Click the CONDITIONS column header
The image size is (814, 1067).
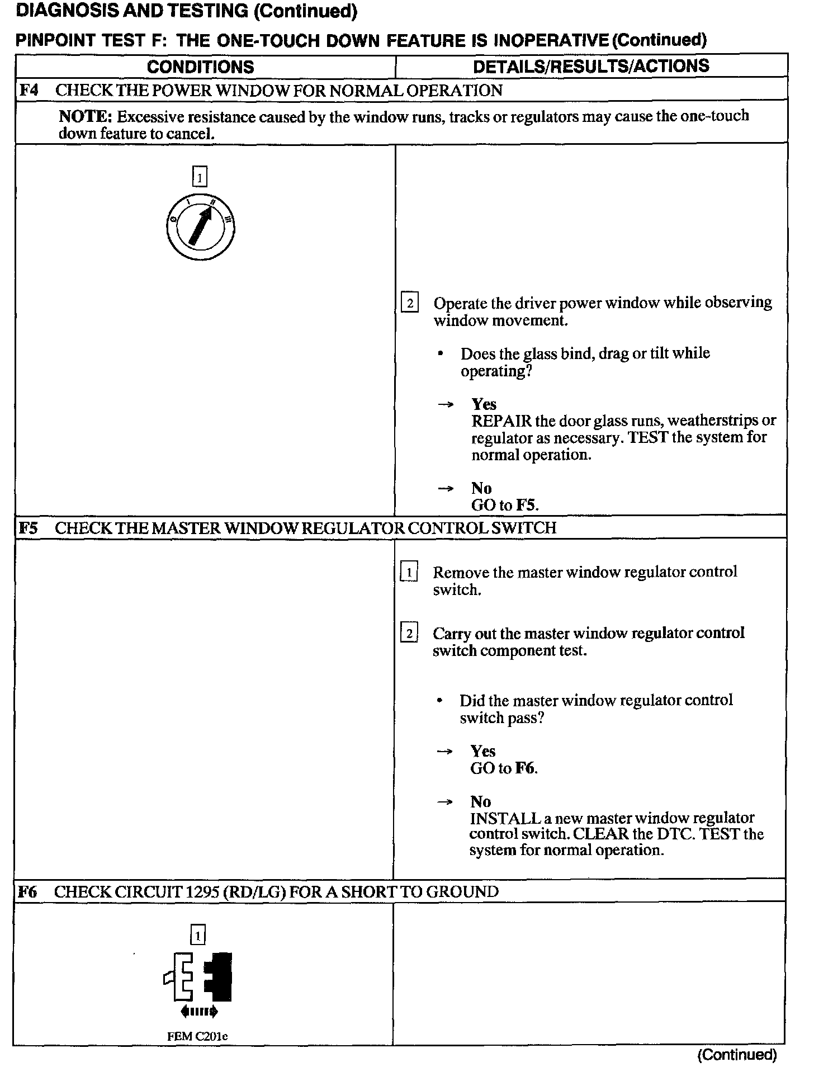tap(200, 67)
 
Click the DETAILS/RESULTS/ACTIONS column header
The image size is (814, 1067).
tap(591, 66)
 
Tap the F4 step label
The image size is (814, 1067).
tap(29, 90)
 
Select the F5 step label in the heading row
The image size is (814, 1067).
tap(28, 528)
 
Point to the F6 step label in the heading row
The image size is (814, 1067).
tap(27, 891)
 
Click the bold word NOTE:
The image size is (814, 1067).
tap(86, 117)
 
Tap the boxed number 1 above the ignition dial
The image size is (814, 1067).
tap(200, 178)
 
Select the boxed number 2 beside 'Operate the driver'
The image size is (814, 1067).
tap(410, 304)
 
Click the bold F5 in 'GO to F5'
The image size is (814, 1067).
tap(526, 506)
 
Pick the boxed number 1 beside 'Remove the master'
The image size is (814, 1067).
tap(409, 573)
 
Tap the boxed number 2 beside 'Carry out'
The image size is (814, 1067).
tap(409, 634)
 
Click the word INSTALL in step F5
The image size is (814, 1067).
tap(505, 819)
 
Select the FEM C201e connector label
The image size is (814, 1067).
tap(197, 1036)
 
